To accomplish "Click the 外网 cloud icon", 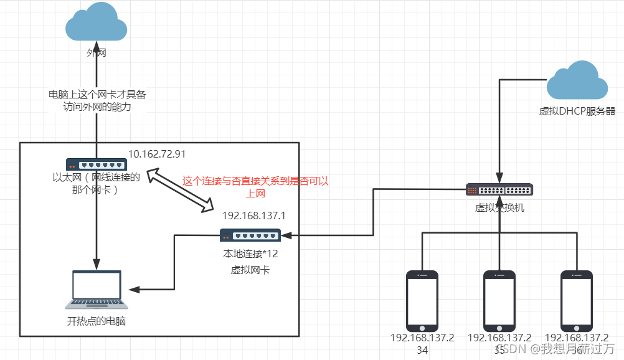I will click(x=97, y=24).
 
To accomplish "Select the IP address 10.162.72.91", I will click(x=157, y=154).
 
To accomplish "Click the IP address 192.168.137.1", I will click(x=253, y=216).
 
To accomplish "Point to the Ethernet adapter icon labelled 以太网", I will click(x=97, y=164).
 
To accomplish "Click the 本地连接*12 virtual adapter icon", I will click(x=250, y=235).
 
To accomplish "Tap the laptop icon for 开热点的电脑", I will click(x=97, y=290).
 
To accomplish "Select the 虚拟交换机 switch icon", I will click(x=499, y=190).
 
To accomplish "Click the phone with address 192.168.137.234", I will click(x=422, y=301).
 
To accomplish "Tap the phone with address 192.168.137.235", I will click(x=499, y=301).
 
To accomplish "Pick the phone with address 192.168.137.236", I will click(x=576, y=301).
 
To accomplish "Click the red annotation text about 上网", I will click(x=255, y=187).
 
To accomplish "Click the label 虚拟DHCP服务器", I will click(x=577, y=111).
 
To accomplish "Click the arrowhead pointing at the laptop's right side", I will click(x=132, y=290).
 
